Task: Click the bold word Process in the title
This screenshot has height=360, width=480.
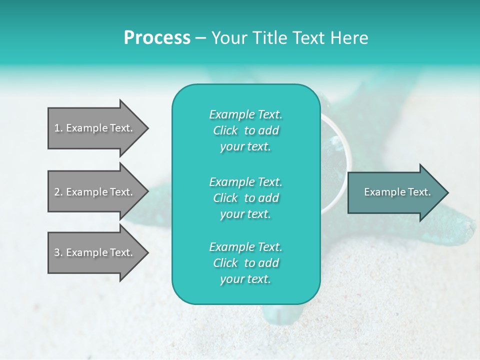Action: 157,38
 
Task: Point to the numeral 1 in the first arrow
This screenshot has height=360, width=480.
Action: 57,128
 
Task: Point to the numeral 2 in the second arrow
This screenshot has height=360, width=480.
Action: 57,192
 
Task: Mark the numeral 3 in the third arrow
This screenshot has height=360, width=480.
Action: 57,252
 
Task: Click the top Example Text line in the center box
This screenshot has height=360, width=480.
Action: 245,114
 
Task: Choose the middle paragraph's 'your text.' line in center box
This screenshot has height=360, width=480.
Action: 245,214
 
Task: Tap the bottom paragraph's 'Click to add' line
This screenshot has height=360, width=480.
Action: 245,263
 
